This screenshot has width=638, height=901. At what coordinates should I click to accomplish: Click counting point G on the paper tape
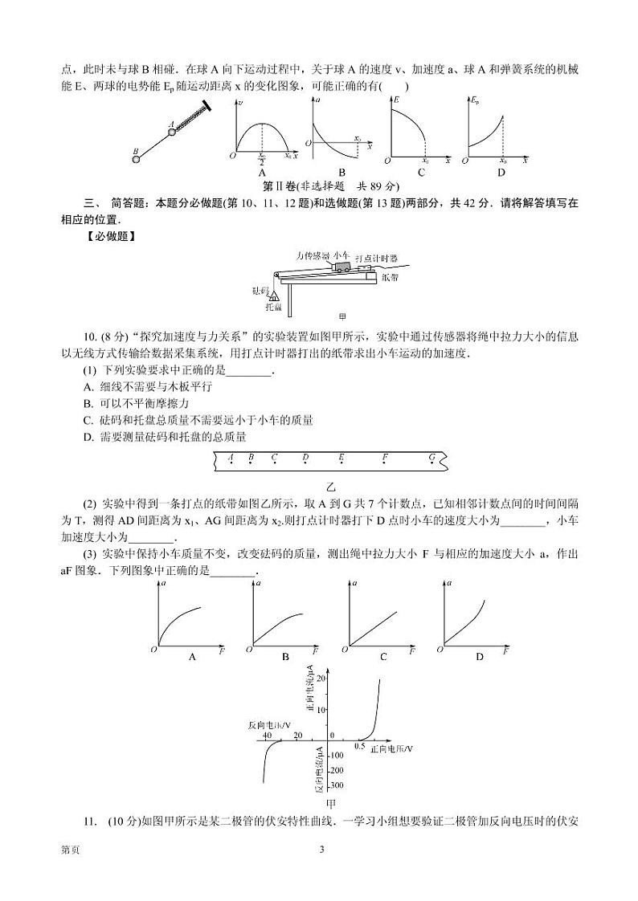tap(432, 459)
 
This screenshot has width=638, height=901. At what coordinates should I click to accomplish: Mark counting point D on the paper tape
tap(305, 459)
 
